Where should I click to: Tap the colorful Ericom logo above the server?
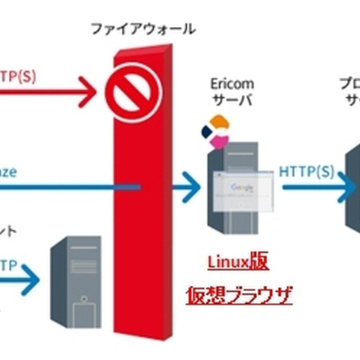[215, 132]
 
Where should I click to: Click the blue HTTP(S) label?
[307, 171]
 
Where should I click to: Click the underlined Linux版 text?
[238, 262]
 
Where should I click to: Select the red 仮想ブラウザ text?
[238, 295]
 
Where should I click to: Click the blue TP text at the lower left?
[9, 264]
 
